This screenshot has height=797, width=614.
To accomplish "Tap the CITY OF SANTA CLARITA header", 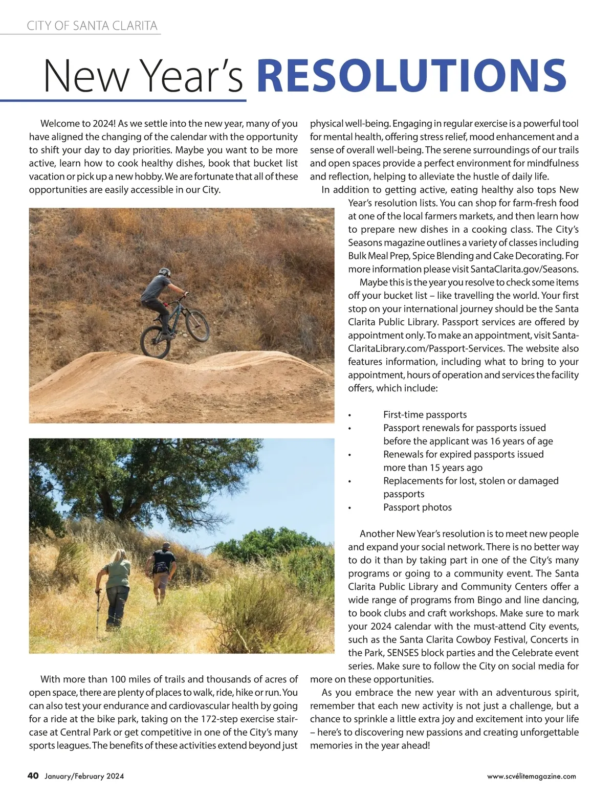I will coord(92,26).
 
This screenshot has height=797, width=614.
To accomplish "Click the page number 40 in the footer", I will coord(33,776).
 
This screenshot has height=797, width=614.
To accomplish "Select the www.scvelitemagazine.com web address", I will coord(532,776).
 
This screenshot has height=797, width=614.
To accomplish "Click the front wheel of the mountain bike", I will coord(196,326).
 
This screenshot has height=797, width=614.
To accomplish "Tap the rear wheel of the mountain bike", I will coord(156,342).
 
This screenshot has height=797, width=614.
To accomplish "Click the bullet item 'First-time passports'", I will coord(425,414).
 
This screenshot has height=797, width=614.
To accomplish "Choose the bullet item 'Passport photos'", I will coord(418,507).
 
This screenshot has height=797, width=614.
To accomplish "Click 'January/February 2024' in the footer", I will coord(84,776).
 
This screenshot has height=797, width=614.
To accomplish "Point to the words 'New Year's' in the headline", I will coord(143,75).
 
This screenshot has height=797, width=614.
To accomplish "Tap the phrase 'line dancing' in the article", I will coord(553,600).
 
